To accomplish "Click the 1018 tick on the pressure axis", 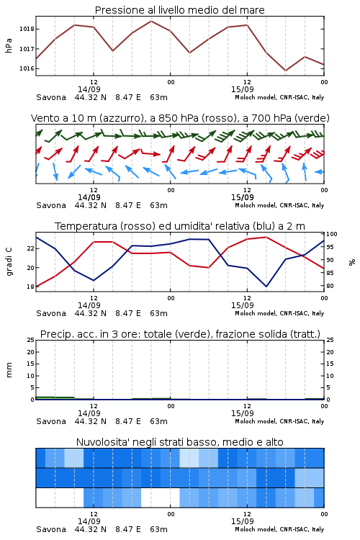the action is point(27,29).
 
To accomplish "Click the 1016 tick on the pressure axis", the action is point(27,68).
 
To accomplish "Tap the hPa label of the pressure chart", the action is point(9,45).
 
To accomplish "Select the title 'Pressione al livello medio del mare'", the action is point(180,10).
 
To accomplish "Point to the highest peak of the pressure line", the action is point(151,21).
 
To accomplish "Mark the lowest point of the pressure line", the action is point(285,71).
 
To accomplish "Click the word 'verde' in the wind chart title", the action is point(312,118).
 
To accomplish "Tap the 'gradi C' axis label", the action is point(9,261).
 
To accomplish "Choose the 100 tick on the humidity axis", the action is point(332,234).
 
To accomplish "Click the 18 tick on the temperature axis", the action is point(31,287).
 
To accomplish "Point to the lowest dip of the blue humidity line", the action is point(266,287).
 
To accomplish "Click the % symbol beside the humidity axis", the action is point(352,262).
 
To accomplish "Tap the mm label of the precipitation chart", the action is point(9,370).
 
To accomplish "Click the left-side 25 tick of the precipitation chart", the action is point(31,340).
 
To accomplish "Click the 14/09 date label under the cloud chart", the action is point(89,521).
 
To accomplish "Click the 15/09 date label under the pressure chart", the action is point(243,89).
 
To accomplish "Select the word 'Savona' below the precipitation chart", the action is point(51,421).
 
